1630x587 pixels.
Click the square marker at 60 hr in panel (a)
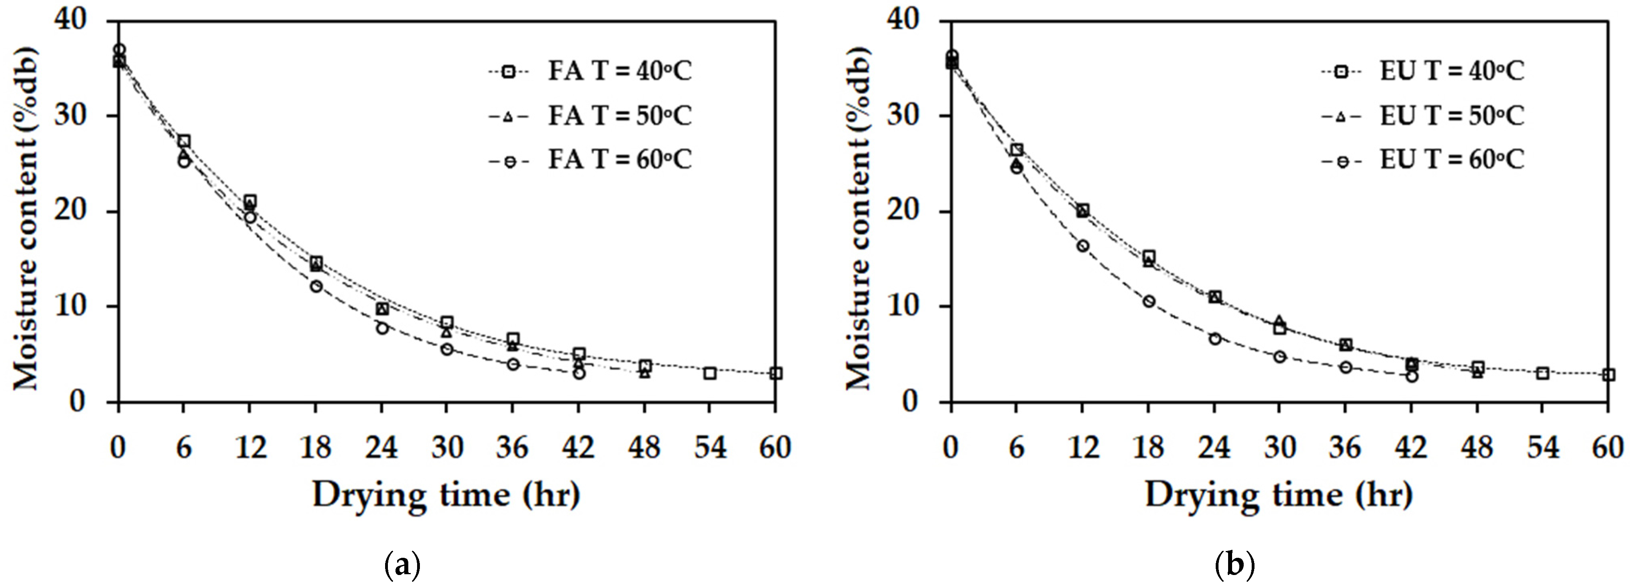click(x=776, y=373)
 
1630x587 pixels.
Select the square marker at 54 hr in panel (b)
click(x=1543, y=373)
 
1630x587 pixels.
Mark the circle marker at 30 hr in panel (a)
click(x=447, y=349)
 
